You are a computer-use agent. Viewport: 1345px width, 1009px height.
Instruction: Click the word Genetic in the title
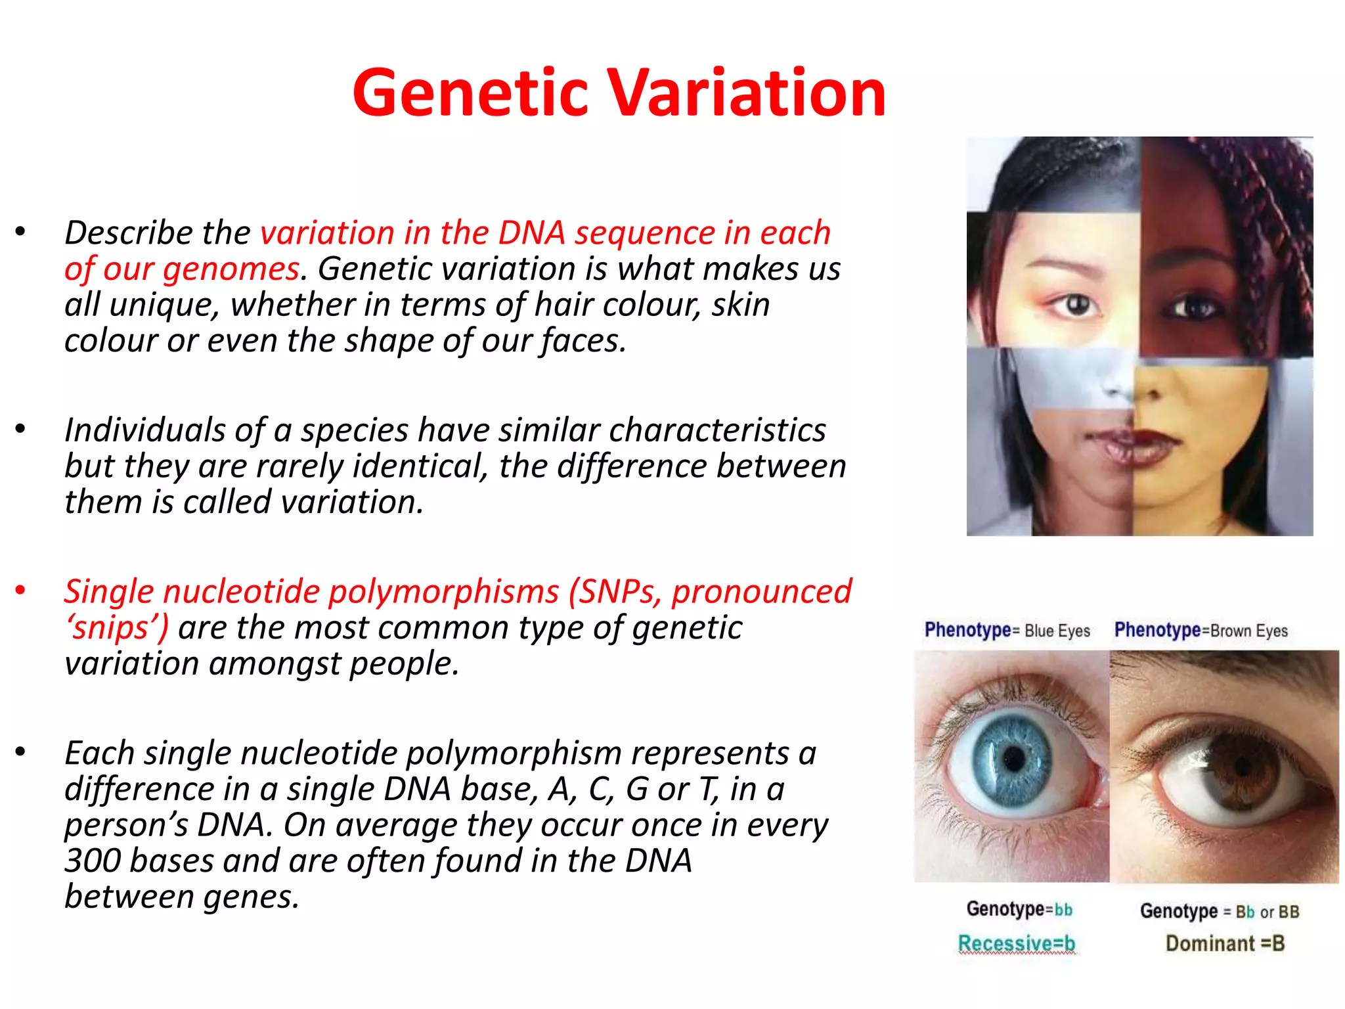[x=470, y=93]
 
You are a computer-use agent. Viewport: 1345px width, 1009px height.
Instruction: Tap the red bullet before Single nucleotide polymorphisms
[x=20, y=590]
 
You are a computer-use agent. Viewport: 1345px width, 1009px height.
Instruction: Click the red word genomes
[x=231, y=269]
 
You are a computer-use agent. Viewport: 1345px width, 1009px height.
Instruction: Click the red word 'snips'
[x=117, y=628]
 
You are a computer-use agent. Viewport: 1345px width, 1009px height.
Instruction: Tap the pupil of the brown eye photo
[x=1242, y=765]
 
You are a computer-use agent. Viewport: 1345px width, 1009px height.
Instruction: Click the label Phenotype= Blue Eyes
[x=1007, y=631]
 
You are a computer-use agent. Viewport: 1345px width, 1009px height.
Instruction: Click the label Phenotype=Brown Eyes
[x=1201, y=631]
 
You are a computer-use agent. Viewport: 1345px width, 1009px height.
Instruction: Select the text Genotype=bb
[x=1019, y=910]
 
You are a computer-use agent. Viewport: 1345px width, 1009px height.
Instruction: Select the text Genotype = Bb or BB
[x=1219, y=912]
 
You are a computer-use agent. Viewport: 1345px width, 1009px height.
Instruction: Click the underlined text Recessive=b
[x=1016, y=943]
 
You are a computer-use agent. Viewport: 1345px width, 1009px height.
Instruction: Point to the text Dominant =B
[x=1224, y=943]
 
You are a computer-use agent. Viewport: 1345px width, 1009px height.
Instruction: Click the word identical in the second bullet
[x=420, y=466]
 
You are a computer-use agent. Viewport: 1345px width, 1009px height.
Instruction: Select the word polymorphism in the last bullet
[x=514, y=753]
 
